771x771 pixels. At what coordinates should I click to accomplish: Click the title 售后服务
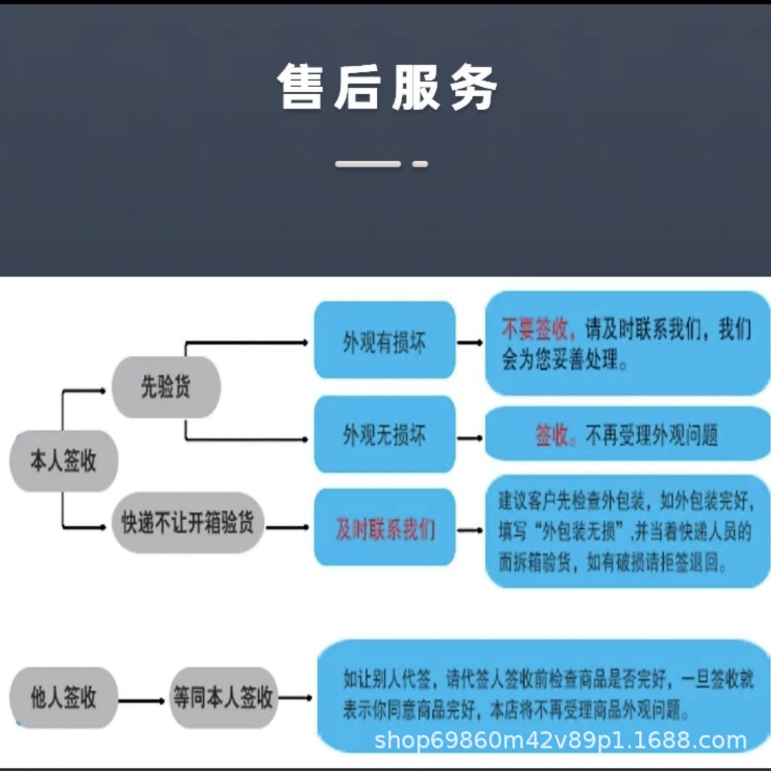387,87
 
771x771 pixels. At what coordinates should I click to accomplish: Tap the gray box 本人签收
64,461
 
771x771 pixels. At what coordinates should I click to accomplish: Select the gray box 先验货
165,387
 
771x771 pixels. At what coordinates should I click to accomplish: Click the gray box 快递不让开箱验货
188,522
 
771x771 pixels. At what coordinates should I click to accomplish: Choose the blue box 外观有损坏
384,341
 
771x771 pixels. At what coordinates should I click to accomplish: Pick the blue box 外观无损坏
384,435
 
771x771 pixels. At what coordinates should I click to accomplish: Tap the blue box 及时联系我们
384,528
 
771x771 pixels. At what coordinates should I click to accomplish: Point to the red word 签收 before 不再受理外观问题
551,435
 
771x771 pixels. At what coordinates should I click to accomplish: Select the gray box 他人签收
64,698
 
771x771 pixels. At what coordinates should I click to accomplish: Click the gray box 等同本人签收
222,698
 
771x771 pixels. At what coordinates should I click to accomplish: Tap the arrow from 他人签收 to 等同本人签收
142,701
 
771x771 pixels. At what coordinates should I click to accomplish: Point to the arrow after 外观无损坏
470,438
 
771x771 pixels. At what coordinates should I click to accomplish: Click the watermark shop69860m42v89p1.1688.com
560,741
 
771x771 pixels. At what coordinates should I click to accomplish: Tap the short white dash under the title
420,164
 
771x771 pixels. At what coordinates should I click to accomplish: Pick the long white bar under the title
367,164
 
